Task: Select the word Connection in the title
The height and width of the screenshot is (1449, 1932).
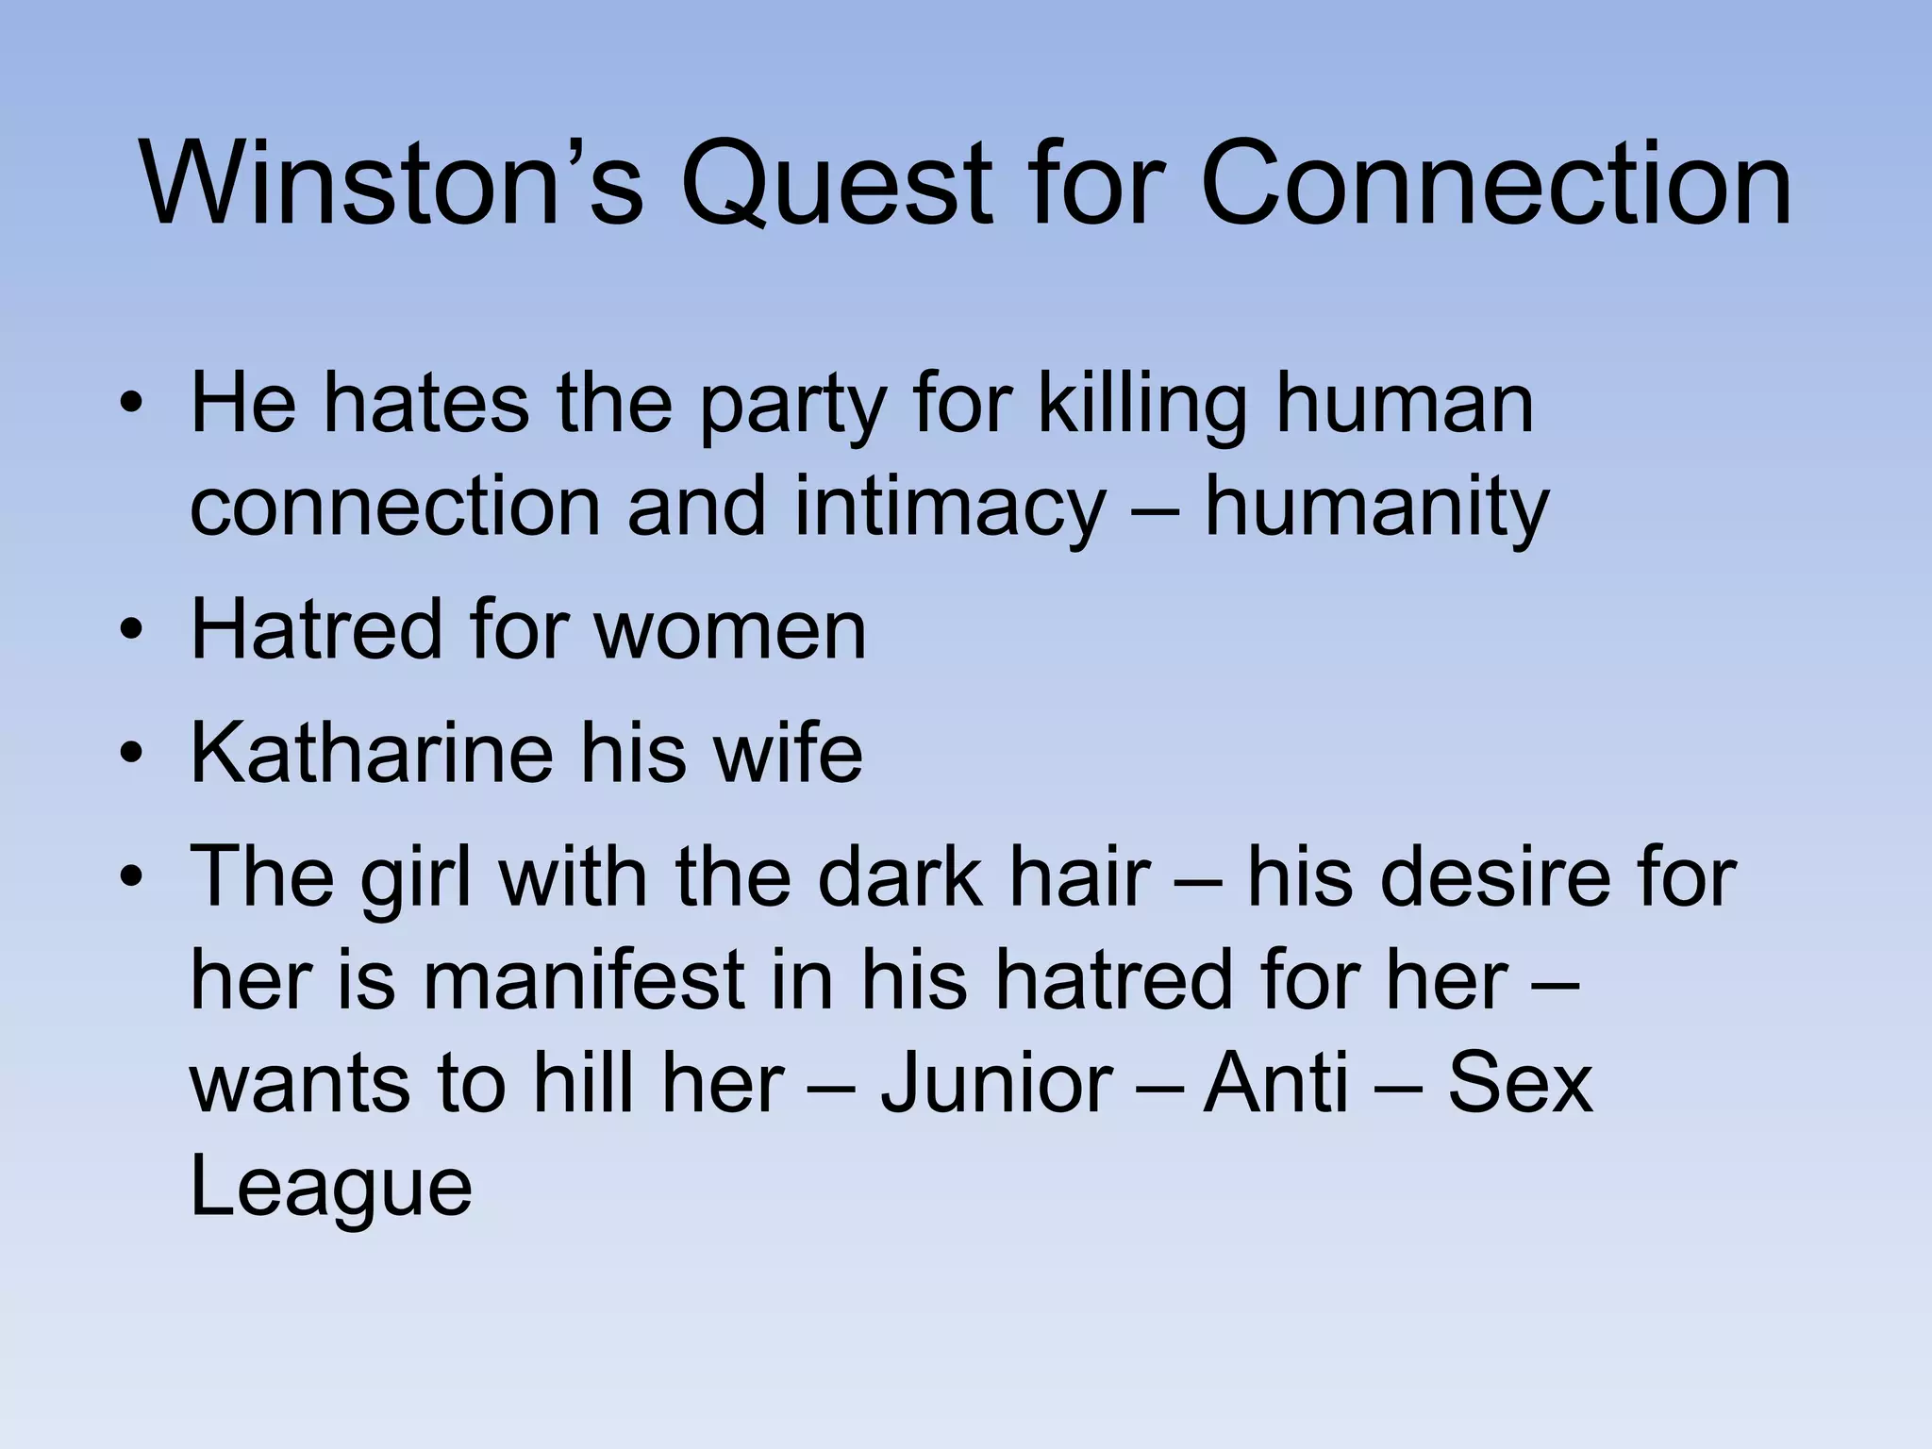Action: pos(1495,184)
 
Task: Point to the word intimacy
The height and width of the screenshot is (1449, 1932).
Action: pos(949,508)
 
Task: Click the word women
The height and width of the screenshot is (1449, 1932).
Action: pos(731,630)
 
